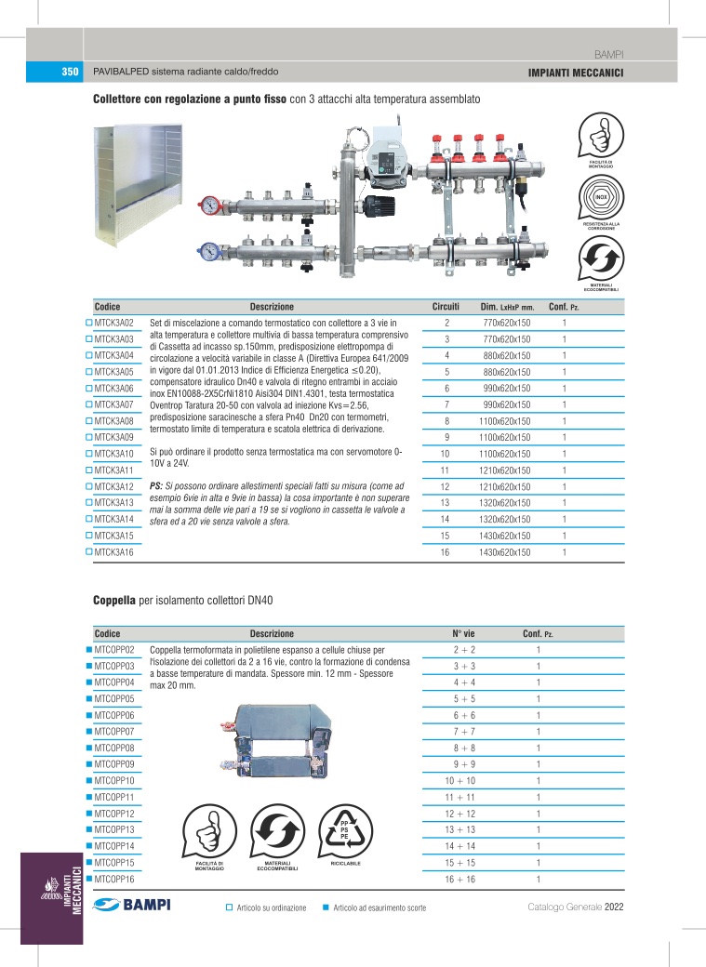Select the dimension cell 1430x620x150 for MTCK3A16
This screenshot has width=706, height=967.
pyautogui.click(x=506, y=552)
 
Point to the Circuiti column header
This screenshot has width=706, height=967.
pyautogui.click(x=446, y=307)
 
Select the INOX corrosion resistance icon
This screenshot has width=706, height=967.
pyautogui.click(x=601, y=197)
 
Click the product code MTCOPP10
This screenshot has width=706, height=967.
pyautogui.click(x=114, y=780)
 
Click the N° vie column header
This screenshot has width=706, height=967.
pyautogui.click(x=463, y=633)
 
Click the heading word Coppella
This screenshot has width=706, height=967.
pyautogui.click(x=114, y=601)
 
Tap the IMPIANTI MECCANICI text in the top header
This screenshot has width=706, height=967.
pyautogui.click(x=574, y=73)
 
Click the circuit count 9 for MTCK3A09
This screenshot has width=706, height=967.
pyautogui.click(x=446, y=437)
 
